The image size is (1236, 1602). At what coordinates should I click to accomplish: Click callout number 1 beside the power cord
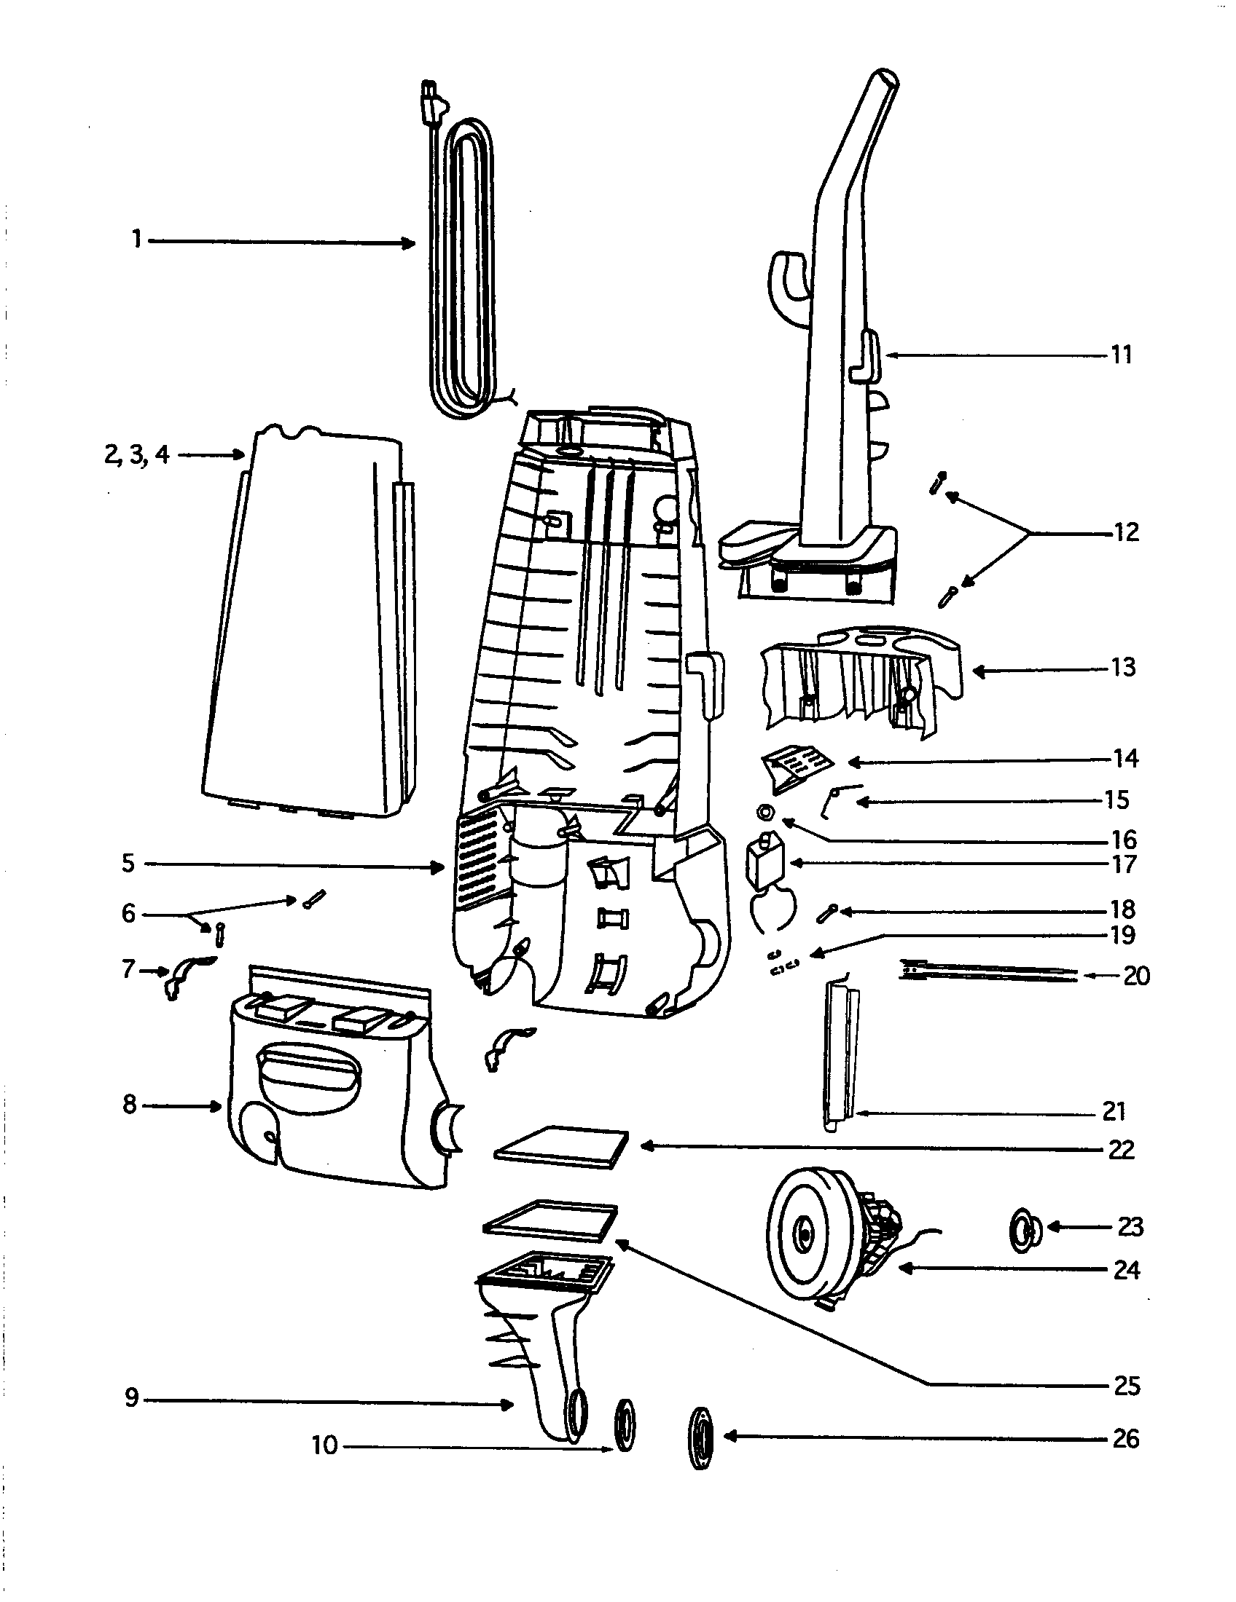coord(136,239)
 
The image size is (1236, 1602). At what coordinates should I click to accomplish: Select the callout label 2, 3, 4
coord(136,455)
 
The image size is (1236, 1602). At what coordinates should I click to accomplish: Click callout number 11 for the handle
coord(1121,355)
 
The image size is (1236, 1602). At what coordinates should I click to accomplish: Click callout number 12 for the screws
coord(1126,532)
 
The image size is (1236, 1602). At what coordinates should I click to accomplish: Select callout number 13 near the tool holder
coord(1123,668)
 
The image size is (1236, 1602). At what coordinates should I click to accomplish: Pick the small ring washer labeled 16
coord(765,811)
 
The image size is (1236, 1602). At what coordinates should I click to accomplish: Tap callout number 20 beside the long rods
coord(1136,976)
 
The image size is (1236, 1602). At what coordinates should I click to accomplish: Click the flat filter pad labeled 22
coord(562,1146)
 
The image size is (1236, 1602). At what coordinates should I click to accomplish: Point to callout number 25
coord(1127,1386)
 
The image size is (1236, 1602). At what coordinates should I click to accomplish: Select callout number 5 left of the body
coord(128,864)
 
